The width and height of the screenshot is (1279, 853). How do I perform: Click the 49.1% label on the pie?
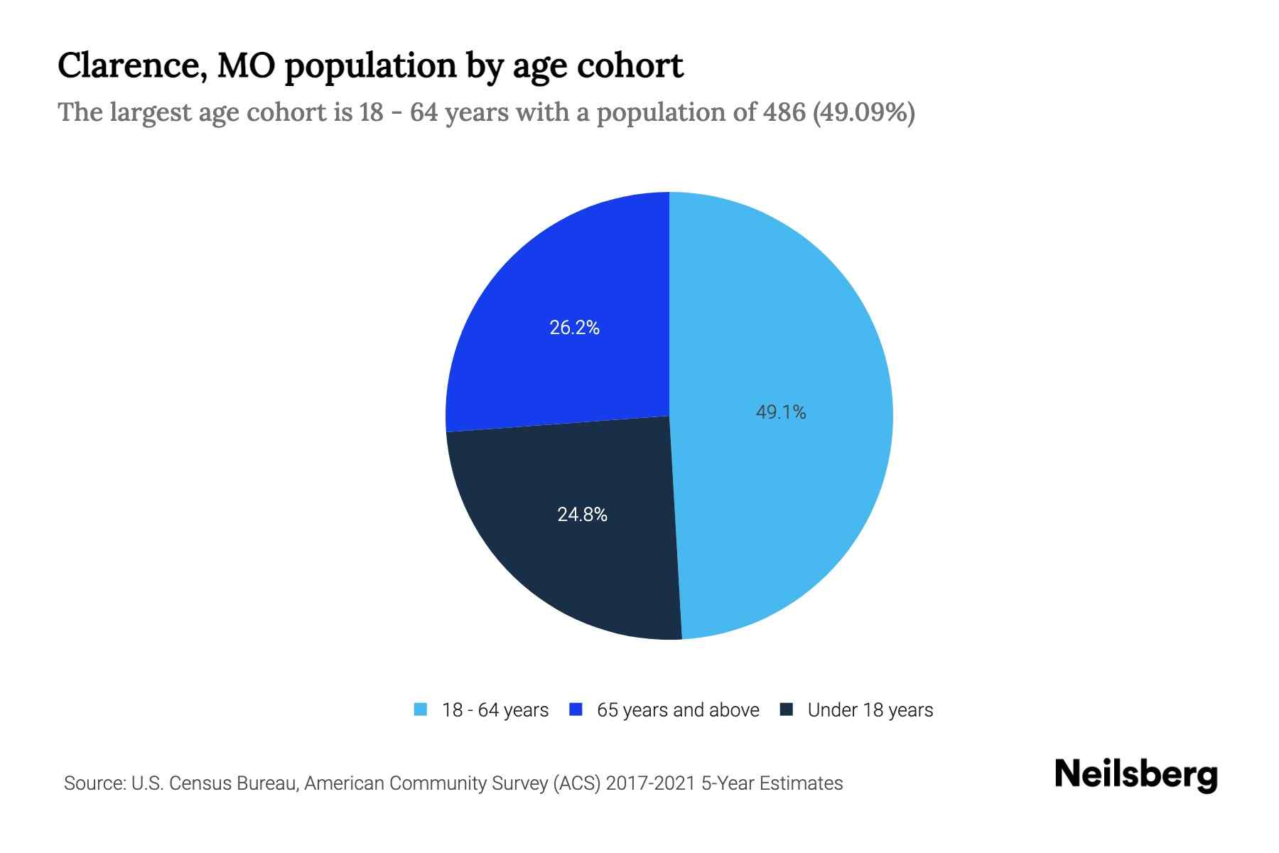pyautogui.click(x=780, y=412)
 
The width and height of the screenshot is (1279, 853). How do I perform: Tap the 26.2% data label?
pyautogui.click(x=574, y=328)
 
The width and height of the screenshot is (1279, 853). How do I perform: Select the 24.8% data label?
pyautogui.click(x=582, y=515)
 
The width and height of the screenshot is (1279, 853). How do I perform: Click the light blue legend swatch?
pyautogui.click(x=421, y=709)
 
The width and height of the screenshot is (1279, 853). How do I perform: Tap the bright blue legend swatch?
pyautogui.click(x=576, y=709)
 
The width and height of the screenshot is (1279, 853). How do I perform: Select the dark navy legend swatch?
pyautogui.click(x=787, y=709)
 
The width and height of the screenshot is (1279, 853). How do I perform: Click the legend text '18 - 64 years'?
pyautogui.click(x=495, y=710)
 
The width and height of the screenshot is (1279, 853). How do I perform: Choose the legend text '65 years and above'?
pyautogui.click(x=678, y=710)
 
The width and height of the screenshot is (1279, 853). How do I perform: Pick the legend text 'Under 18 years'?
pyautogui.click(x=870, y=710)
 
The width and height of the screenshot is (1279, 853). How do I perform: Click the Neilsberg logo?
pyautogui.click(x=1136, y=775)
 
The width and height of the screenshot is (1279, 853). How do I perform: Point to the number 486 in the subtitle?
pyautogui.click(x=784, y=112)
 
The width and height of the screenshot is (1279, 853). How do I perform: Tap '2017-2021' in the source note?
pyautogui.click(x=650, y=783)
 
